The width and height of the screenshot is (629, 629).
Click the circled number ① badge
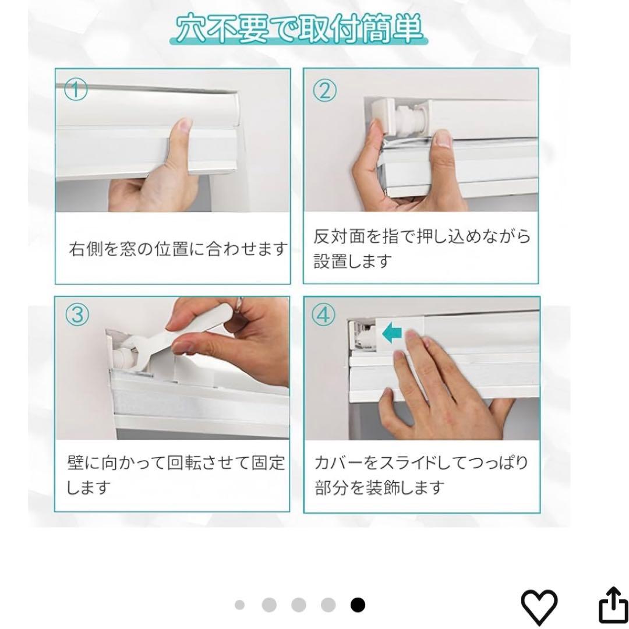(76, 90)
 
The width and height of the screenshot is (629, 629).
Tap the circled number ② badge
(324, 91)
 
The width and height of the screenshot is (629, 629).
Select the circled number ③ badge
(77, 315)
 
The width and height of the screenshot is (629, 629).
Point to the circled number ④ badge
(323, 315)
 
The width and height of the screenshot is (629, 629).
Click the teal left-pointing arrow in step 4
(391, 333)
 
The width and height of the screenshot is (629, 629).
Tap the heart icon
(539, 607)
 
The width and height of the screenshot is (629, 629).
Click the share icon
(613, 605)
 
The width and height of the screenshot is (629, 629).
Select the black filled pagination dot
(358, 605)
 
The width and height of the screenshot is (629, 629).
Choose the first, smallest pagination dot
(239, 605)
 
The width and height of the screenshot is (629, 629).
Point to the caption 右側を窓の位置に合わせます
(179, 249)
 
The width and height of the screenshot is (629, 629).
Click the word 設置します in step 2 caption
(352, 262)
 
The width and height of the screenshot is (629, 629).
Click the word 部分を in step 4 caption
(340, 488)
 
